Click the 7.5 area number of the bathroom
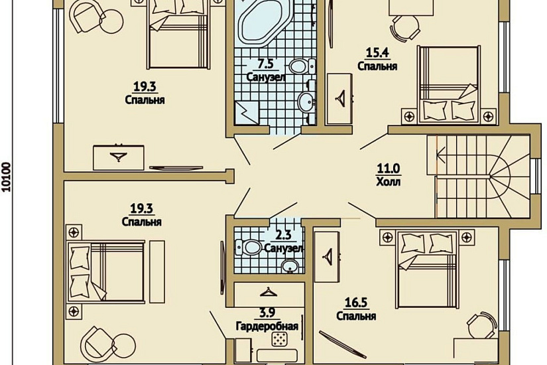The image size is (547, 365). [265, 64]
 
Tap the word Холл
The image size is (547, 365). [389, 182]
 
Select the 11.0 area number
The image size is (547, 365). [389, 169]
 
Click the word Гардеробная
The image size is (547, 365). [267, 327]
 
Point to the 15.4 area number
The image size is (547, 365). [377, 52]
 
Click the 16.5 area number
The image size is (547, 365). [356, 303]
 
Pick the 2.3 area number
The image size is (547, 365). [283, 235]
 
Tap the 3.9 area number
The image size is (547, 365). [267, 313]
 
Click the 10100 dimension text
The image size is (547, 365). [6, 177]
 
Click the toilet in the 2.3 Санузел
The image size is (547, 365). [249, 248]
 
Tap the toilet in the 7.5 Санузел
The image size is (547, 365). [302, 66]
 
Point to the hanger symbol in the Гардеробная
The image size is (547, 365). [269, 292]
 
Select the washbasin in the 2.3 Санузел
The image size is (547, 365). [290, 266]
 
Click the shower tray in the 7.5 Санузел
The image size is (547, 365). [247, 113]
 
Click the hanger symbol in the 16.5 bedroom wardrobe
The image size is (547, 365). [328, 257]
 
